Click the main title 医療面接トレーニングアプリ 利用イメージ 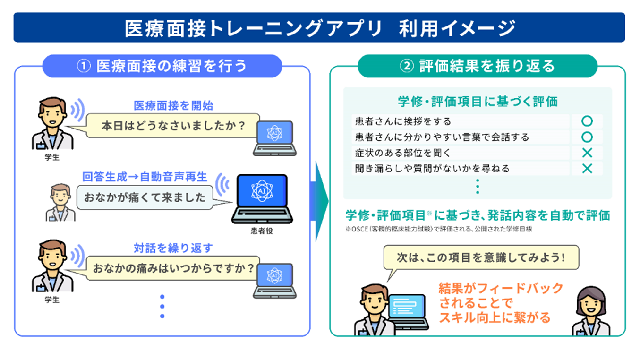pyautogui.click(x=319, y=28)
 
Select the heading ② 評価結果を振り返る pyautogui.click(x=477, y=66)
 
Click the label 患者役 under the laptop pyautogui.click(x=262, y=231)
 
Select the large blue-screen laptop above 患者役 pyautogui.click(x=262, y=198)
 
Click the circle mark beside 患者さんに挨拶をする pyautogui.click(x=587, y=121)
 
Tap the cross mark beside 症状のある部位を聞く pyautogui.click(x=587, y=153)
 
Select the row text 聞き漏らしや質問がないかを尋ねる pyautogui.click(x=432, y=168)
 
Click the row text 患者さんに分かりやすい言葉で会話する pyautogui.click(x=442, y=137)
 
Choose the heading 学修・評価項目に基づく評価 pyautogui.click(x=478, y=101)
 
